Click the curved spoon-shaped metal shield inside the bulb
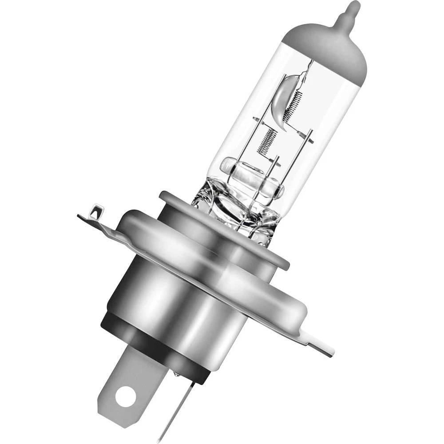click(x=282, y=98)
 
